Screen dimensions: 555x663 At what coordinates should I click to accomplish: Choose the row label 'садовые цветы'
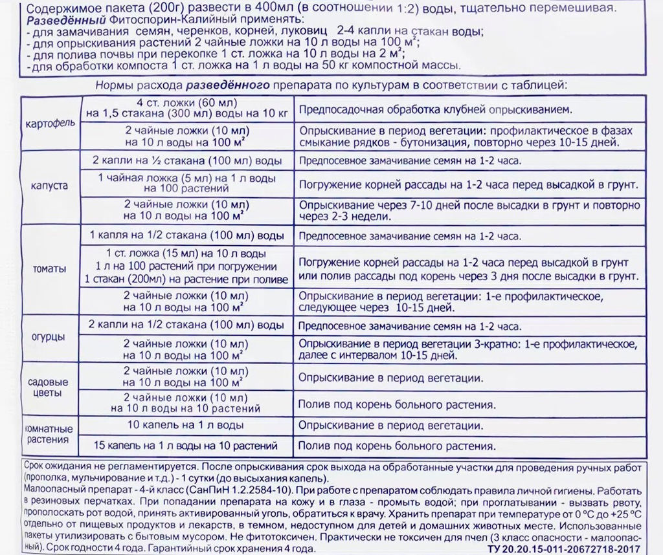[49, 387]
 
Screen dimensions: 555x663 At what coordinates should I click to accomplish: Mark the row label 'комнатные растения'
[49, 435]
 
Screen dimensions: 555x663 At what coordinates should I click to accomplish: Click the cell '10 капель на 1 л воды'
[186, 426]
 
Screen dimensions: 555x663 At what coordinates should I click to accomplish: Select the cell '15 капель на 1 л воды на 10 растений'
[186, 446]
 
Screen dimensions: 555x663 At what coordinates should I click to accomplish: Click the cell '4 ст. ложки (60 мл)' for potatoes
[187, 103]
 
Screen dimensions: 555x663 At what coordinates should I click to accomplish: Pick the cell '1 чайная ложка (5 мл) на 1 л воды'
[186, 177]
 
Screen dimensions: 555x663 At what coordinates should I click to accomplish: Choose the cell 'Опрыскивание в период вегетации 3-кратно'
[468, 343]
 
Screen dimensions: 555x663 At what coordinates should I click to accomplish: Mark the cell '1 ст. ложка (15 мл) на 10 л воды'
[186, 254]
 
